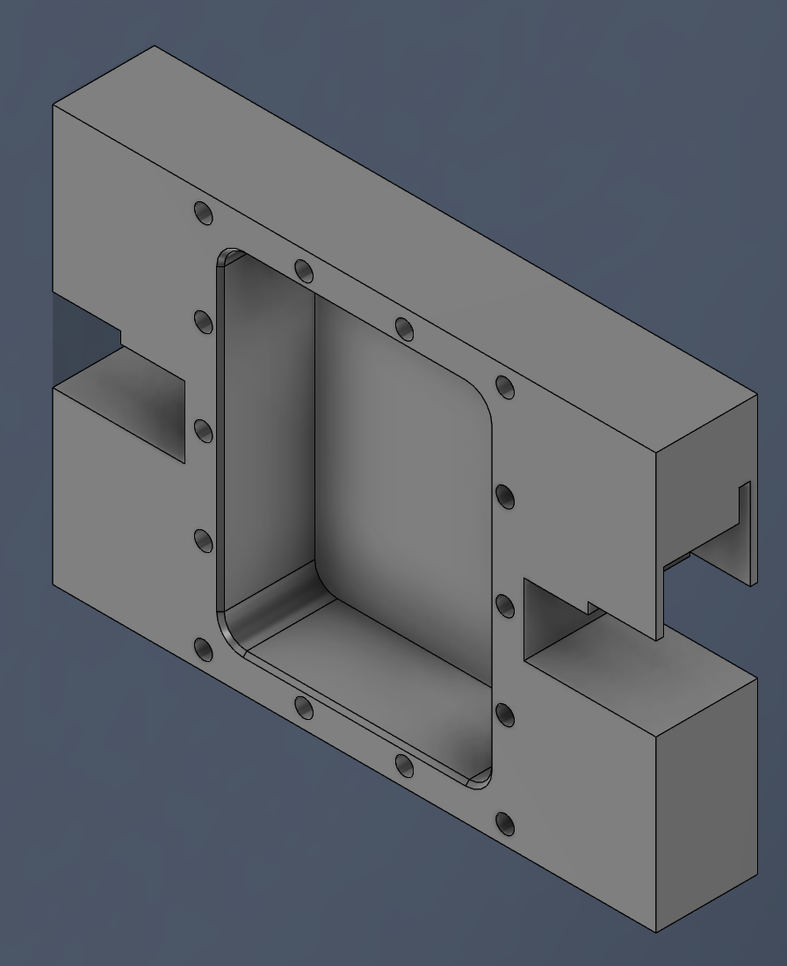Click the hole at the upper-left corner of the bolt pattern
203,213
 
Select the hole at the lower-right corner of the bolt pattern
505,824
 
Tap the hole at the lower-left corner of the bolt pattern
203,650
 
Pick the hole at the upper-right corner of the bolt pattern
504,387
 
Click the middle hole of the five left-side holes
203,432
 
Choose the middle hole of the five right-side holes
505,606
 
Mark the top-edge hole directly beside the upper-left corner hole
303,270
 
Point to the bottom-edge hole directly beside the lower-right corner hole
404,766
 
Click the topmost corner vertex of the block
155,46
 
